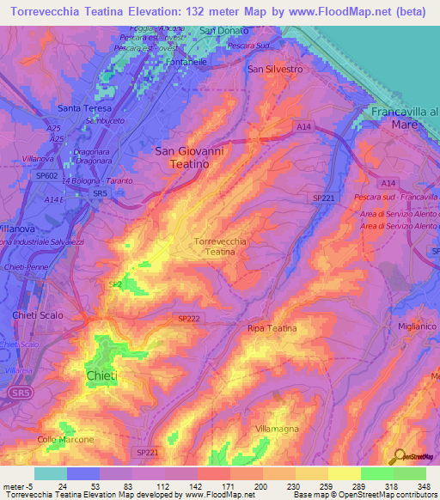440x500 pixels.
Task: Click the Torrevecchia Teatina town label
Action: click(222, 247)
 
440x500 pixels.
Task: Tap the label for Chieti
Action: click(102, 376)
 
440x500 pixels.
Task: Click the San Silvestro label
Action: click(275, 68)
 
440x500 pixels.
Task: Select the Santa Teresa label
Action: click(85, 108)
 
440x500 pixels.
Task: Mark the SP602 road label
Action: click(48, 178)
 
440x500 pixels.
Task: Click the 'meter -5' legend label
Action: click(19, 487)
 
